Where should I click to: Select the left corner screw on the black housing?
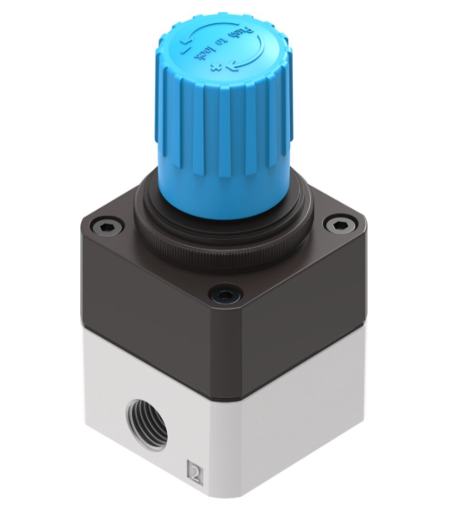105,226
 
